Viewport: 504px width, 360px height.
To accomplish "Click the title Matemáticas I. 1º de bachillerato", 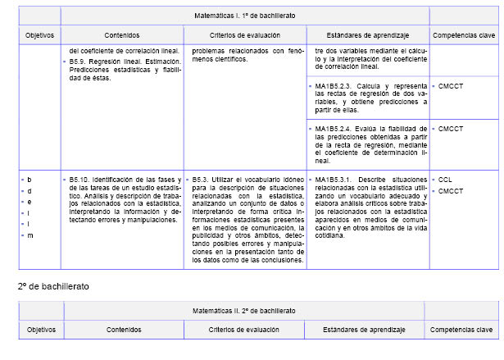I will tap(246, 16).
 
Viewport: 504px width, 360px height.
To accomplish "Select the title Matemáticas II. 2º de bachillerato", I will tap(246, 311).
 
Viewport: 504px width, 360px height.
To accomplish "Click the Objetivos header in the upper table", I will tap(39, 35).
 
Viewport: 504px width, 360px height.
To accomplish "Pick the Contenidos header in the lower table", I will tap(122, 330).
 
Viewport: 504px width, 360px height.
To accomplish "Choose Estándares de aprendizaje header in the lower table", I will tap(366, 330).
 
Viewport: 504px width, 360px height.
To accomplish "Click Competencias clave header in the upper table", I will tap(463, 35).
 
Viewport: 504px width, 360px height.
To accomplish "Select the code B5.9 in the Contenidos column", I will tap(80, 62).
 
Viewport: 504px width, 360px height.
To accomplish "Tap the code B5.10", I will tap(82, 179).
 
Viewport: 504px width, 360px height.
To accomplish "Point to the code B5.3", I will tap(202, 179).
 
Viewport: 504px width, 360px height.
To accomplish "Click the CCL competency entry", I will tap(445, 179).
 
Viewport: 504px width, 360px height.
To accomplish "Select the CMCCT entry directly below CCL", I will tap(450, 191).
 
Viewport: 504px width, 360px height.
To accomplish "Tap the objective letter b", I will tap(30, 179).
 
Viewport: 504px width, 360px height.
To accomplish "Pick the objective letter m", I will tap(30, 235).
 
